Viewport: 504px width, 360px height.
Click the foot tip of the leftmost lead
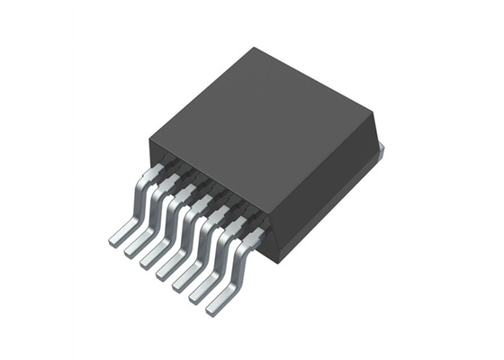[x=116, y=239]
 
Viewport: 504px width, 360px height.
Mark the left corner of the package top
[x=147, y=138]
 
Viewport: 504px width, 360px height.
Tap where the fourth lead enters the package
[x=206, y=203]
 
